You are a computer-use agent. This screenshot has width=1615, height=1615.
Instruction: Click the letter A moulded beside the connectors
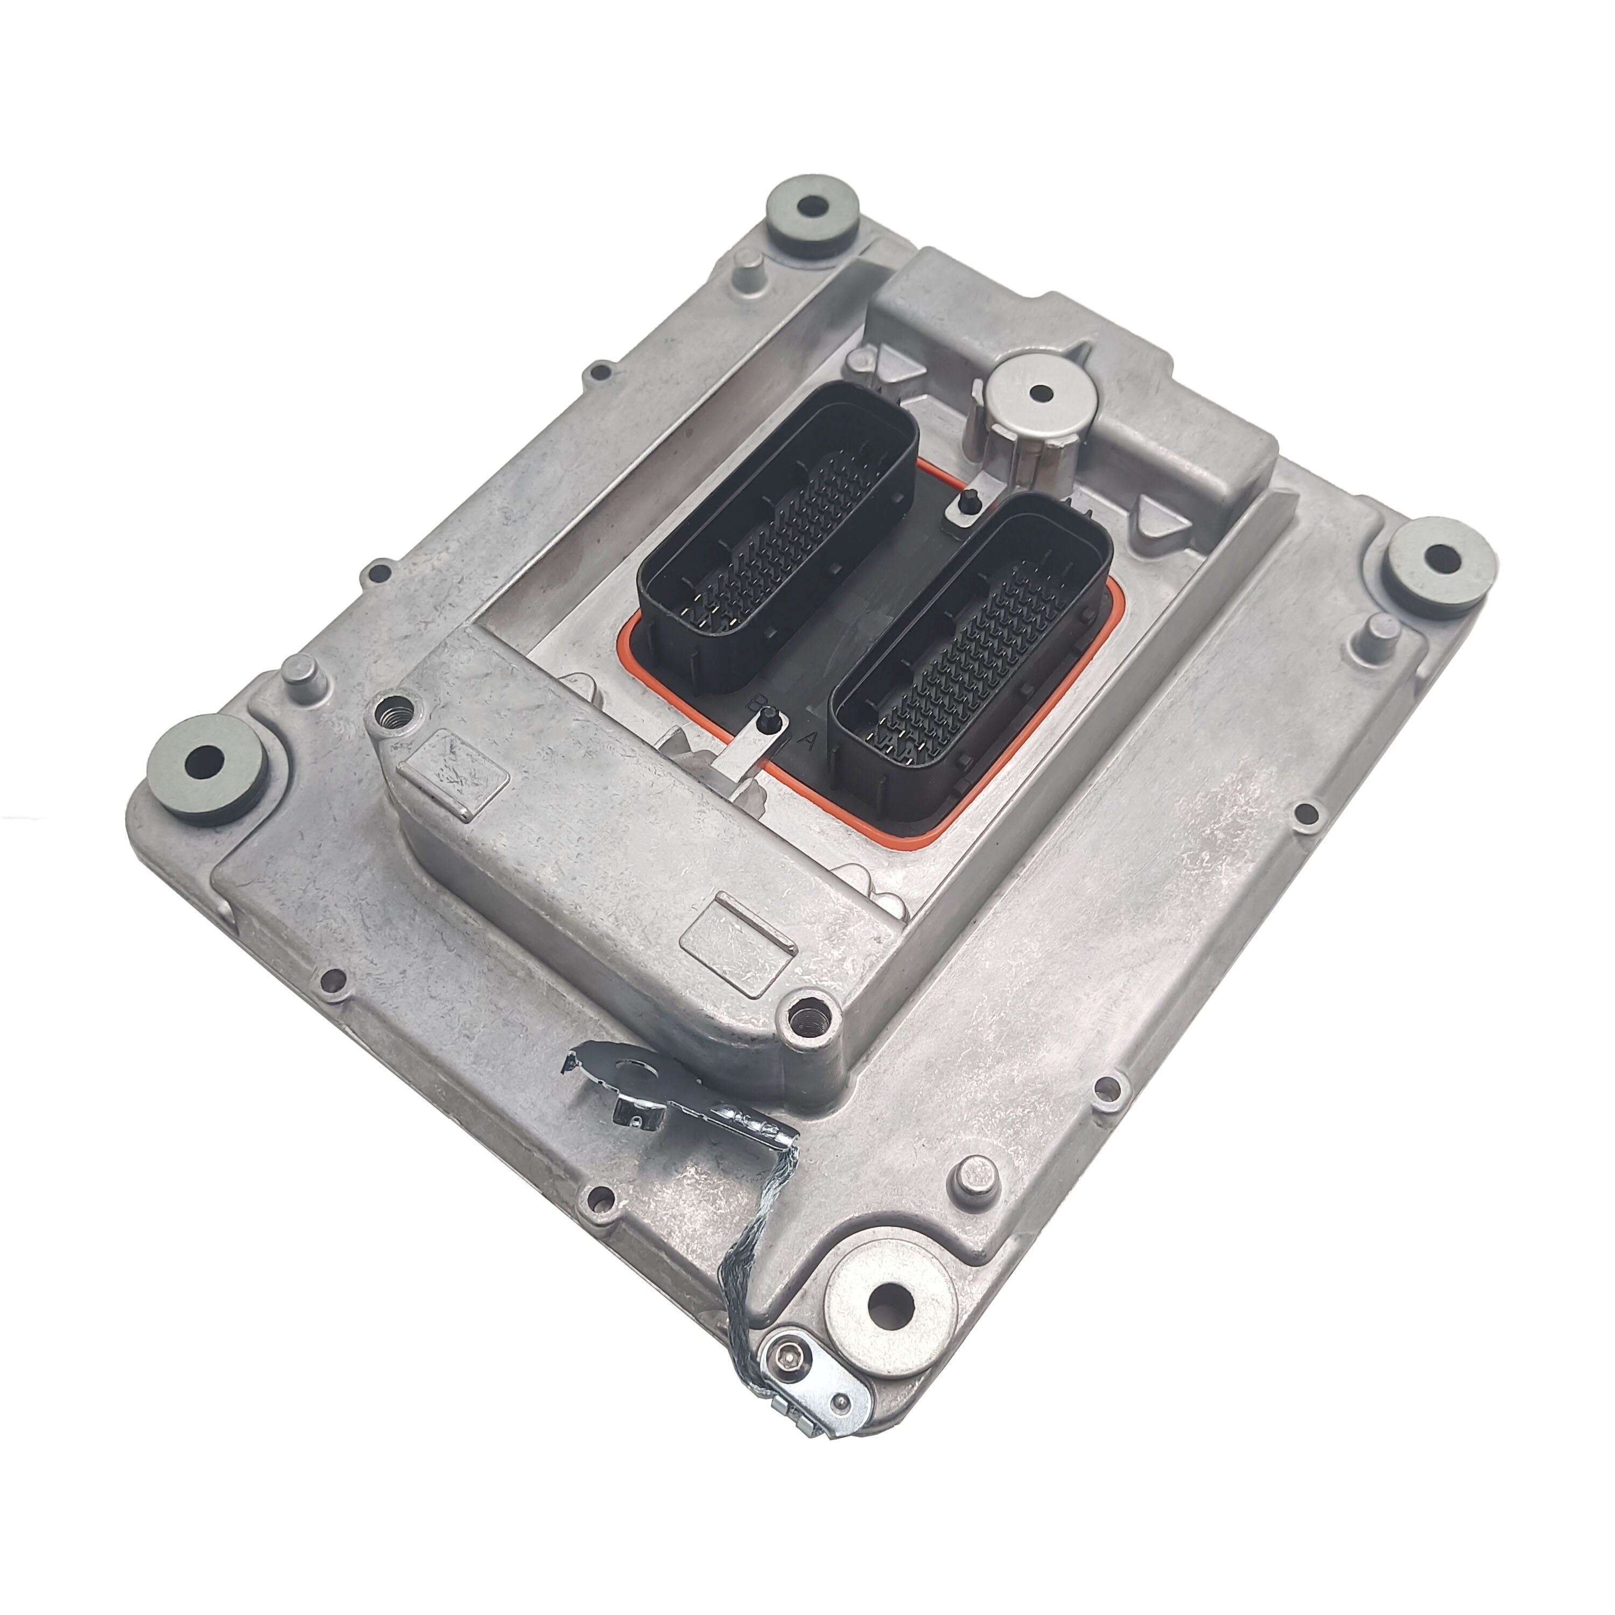(807, 741)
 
